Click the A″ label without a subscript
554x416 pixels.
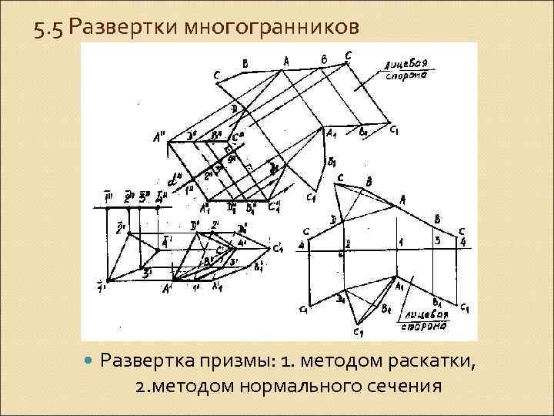[161, 139]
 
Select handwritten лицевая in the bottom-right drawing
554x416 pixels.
[429, 314]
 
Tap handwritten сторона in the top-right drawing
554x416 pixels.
[402, 75]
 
